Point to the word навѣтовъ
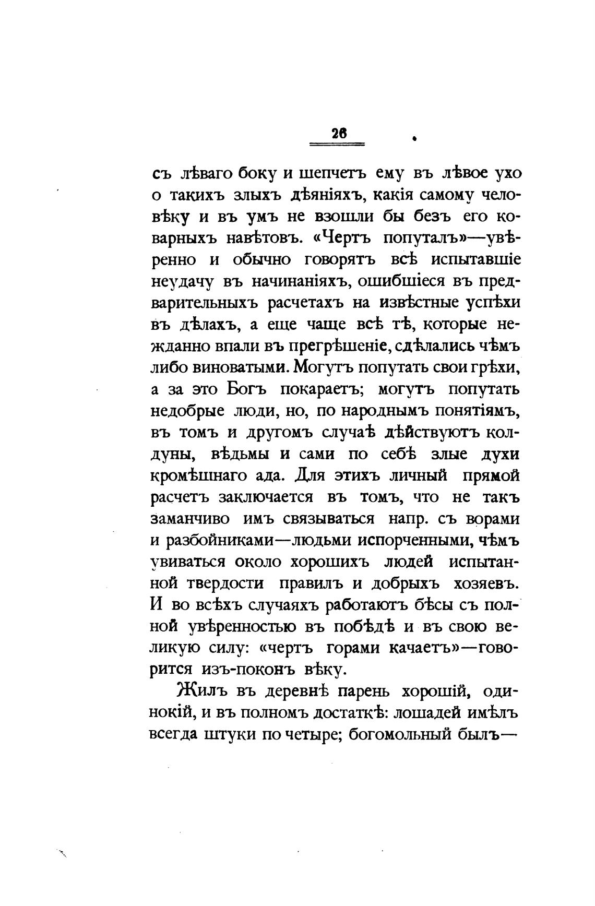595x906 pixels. (263, 237)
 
